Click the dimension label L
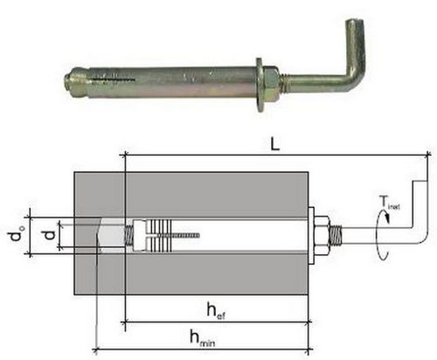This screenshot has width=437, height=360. click(274, 144)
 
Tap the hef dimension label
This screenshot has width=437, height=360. click(216, 311)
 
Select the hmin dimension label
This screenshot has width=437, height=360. click(203, 338)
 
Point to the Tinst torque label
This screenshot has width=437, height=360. click(389, 203)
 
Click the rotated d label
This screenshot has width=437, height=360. click(50, 235)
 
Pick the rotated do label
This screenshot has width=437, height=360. click(17, 233)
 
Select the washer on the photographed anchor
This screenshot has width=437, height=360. click(259, 85)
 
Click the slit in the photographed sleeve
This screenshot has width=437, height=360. click(114, 79)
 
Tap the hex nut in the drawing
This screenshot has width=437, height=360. click(322, 235)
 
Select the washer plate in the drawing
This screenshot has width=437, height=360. click(311, 235)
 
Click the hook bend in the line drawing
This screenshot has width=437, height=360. click(422, 234)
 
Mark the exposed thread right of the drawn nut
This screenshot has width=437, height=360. click(336, 235)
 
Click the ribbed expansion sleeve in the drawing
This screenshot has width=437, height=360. click(159, 235)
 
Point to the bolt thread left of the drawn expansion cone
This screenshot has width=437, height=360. click(129, 235)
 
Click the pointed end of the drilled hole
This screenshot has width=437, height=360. click(99, 235)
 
